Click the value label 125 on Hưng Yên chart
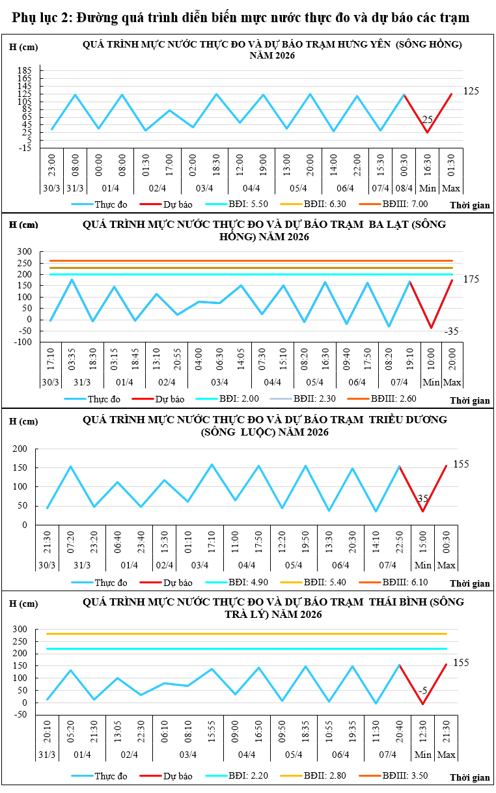[471, 91]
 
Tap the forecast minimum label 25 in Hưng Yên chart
[428, 120]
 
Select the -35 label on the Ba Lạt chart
[452, 331]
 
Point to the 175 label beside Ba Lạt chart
[471, 279]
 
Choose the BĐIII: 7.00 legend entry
[405, 204]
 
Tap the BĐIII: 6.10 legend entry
[404, 581]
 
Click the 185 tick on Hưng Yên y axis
[25, 70]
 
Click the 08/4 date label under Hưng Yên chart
[404, 189]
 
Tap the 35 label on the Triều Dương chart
[422, 499]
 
